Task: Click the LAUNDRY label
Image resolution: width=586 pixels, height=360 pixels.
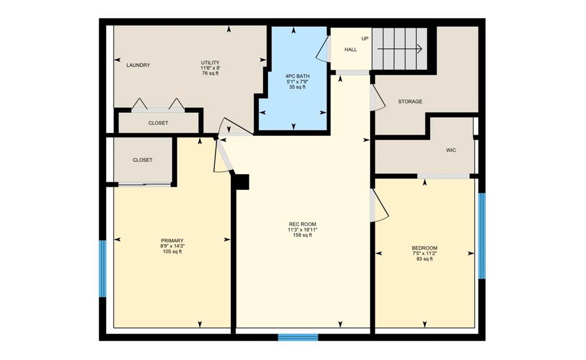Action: pyautogui.click(x=138, y=65)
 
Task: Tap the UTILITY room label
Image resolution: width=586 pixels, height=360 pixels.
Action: pyautogui.click(x=210, y=62)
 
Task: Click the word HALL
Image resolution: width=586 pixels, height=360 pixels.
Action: pyautogui.click(x=351, y=49)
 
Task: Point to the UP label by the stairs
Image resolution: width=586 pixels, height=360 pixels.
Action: pyautogui.click(x=365, y=38)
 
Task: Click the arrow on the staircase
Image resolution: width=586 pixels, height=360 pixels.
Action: pyautogui.click(x=400, y=49)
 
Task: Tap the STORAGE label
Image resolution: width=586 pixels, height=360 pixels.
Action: pyautogui.click(x=410, y=101)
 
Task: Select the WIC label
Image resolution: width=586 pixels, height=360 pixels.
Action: pyautogui.click(x=451, y=150)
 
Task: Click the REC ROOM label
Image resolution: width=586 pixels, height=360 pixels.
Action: pyautogui.click(x=302, y=224)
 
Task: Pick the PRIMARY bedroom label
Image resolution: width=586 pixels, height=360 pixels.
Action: pyautogui.click(x=172, y=241)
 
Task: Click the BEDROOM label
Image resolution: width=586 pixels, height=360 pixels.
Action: pyautogui.click(x=424, y=248)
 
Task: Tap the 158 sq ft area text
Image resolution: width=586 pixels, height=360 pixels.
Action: pyautogui.click(x=302, y=235)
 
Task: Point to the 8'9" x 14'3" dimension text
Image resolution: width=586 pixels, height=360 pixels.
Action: pyautogui.click(x=172, y=246)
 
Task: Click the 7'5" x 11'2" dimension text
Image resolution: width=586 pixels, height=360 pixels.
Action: pyautogui.click(x=424, y=253)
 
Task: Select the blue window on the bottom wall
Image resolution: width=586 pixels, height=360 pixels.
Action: pyautogui.click(x=298, y=337)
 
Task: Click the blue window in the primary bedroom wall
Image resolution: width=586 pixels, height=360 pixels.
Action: pyautogui.click(x=103, y=268)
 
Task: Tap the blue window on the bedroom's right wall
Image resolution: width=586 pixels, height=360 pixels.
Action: pyautogui.click(x=482, y=236)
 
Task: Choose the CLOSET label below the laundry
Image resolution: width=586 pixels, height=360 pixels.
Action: pyautogui.click(x=158, y=123)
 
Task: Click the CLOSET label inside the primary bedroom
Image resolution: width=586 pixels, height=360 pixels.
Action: pyautogui.click(x=143, y=160)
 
